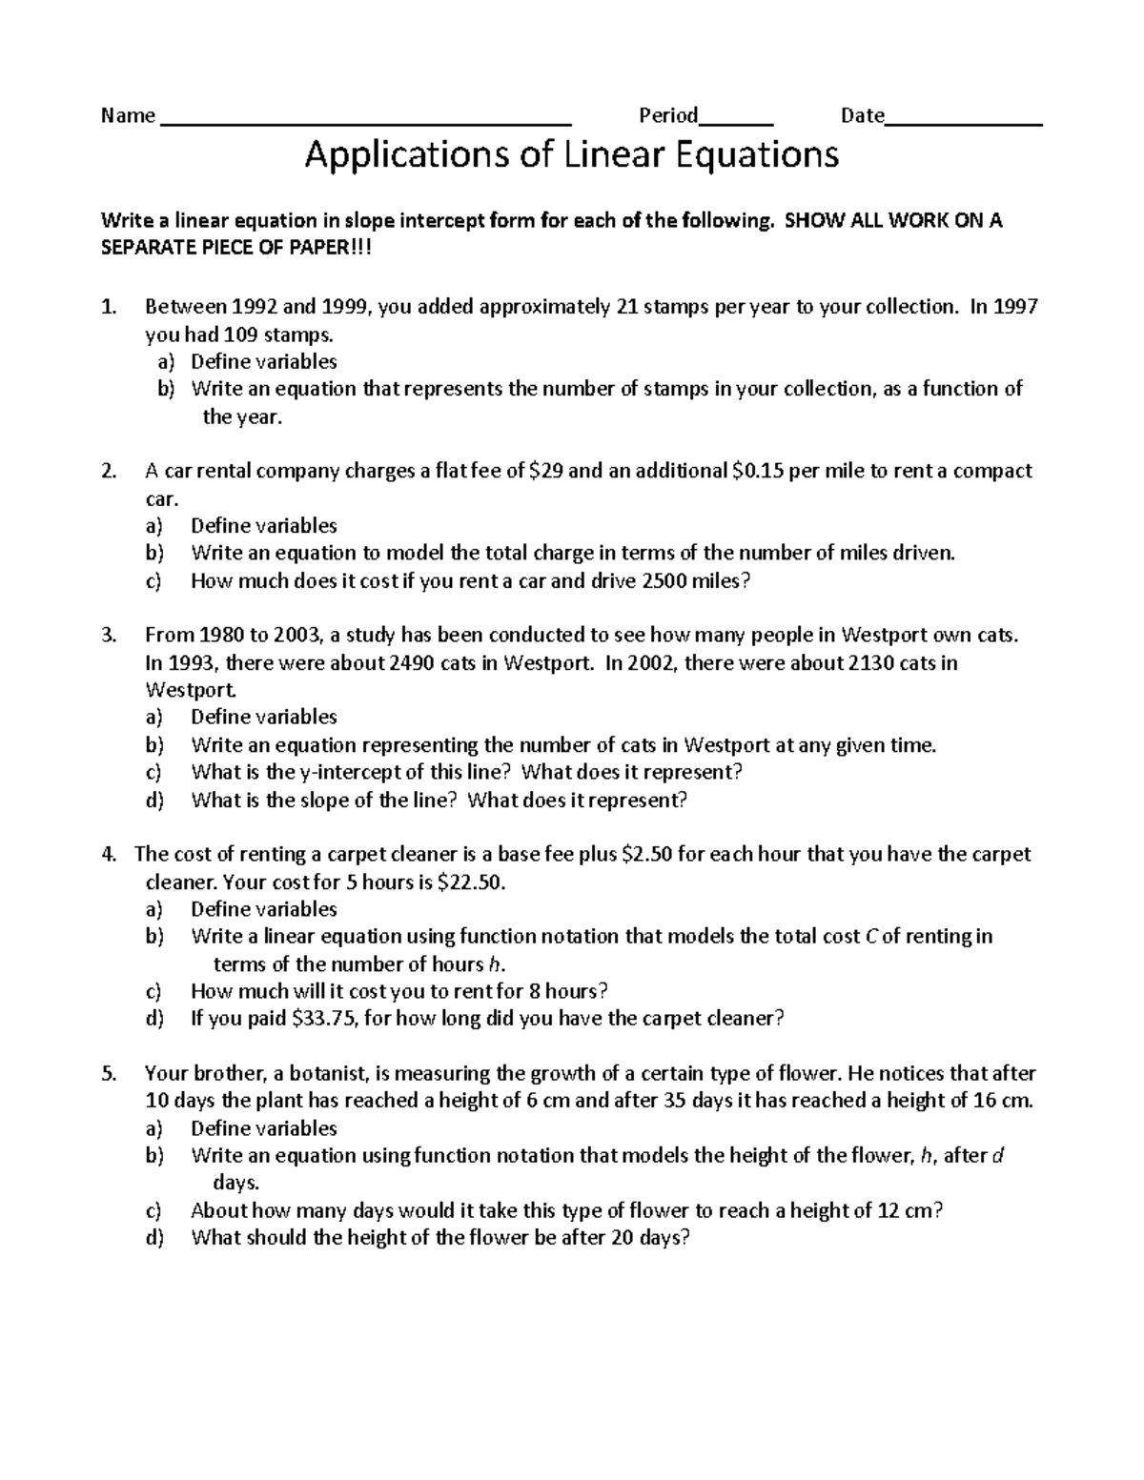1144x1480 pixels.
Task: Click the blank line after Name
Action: pos(366,123)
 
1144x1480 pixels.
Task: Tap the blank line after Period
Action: pos(735,123)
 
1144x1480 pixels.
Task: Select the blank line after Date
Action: pos(964,123)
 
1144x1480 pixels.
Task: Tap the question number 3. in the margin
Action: pos(109,635)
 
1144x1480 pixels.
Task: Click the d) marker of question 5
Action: pos(154,1238)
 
